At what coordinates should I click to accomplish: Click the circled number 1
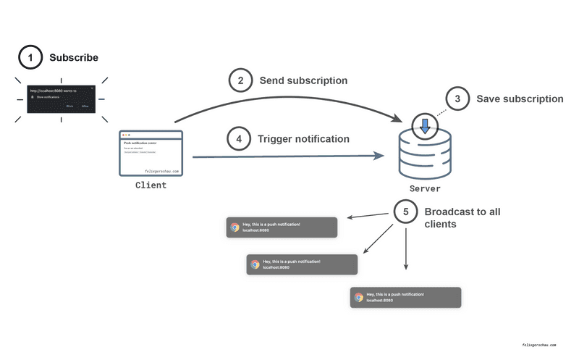point(30,58)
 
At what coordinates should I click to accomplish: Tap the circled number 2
point(240,80)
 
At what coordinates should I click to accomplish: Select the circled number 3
point(457,99)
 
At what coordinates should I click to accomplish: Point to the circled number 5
point(406,212)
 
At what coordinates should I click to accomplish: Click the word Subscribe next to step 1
point(73,58)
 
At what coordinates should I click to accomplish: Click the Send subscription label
point(303,80)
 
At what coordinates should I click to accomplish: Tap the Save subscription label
point(519,99)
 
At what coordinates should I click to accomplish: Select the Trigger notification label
point(303,138)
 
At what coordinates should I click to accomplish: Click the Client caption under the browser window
point(151,185)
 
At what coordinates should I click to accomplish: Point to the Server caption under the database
point(425,189)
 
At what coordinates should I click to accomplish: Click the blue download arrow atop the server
point(426,125)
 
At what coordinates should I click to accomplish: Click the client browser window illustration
point(151,154)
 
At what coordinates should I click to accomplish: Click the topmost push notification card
point(282,227)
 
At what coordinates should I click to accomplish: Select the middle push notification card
point(303,264)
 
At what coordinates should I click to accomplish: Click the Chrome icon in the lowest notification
point(358,298)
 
